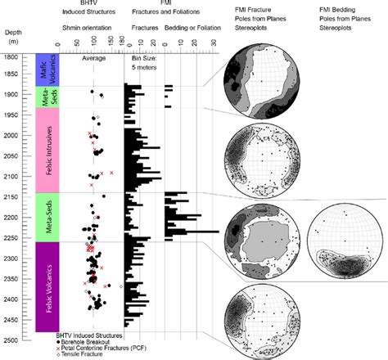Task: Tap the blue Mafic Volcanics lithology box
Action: coord(46,70)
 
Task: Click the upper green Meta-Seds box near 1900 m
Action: coord(46,97)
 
